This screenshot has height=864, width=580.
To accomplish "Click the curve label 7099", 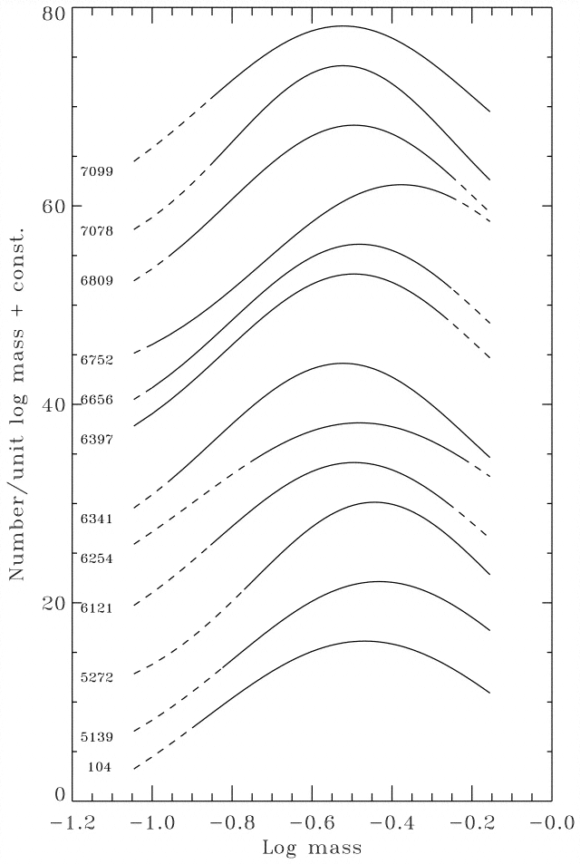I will pos(96,171).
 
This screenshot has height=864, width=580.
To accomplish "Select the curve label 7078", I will pos(96,231).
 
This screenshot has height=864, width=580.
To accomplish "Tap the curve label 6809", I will pos(96,281).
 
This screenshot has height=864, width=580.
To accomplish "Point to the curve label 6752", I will pos(96,360).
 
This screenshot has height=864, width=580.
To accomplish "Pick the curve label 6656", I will pos(96,400).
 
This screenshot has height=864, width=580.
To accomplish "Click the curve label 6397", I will pos(96,440).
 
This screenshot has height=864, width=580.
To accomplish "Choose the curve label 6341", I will pos(96,519).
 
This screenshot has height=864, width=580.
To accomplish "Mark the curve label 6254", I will pos(96,558).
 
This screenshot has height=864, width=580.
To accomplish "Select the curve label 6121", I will pos(96,608).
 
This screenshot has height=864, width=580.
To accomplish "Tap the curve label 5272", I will pos(96,677).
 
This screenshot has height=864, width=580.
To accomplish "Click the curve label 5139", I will pos(96,737).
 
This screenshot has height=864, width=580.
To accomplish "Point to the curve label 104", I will pos(100,767).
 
